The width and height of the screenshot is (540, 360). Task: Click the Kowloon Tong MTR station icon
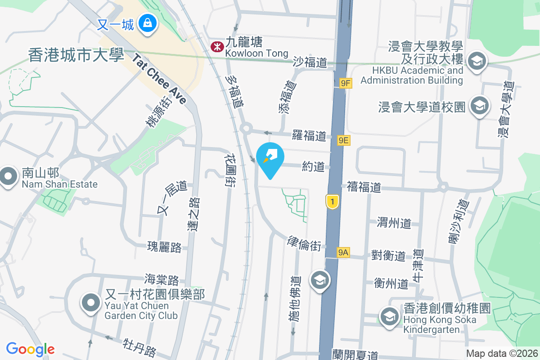pyautogui.click(x=217, y=46)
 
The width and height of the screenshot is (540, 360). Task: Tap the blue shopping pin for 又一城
pyautogui.click(x=147, y=22)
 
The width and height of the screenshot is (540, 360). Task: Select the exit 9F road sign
pyautogui.click(x=346, y=83)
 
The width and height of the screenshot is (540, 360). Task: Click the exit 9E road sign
pyautogui.click(x=344, y=140)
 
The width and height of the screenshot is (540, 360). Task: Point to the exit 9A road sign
pyautogui.click(x=343, y=252)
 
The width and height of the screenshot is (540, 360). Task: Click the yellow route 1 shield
pyautogui.click(x=332, y=202)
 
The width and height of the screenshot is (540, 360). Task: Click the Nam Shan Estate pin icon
pyautogui.click(x=8, y=177)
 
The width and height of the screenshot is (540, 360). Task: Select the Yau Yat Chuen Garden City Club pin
pyautogui.click(x=91, y=303)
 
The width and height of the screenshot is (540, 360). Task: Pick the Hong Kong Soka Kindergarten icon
pyautogui.click(x=389, y=316)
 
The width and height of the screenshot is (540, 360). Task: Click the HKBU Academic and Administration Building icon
pyautogui.click(x=477, y=60)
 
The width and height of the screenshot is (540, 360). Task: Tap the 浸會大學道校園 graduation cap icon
pyautogui.click(x=479, y=106)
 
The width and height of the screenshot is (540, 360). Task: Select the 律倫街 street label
pyautogui.click(x=304, y=243)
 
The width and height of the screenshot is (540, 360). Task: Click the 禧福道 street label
pyautogui.click(x=364, y=187)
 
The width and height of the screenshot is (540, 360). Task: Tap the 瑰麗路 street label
pyautogui.click(x=164, y=247)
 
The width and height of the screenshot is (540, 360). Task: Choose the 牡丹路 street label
pyautogui.click(x=139, y=348)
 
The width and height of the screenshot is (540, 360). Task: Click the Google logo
pyautogui.click(x=31, y=349)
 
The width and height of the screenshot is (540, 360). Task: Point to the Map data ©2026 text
pyautogui.click(x=502, y=353)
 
